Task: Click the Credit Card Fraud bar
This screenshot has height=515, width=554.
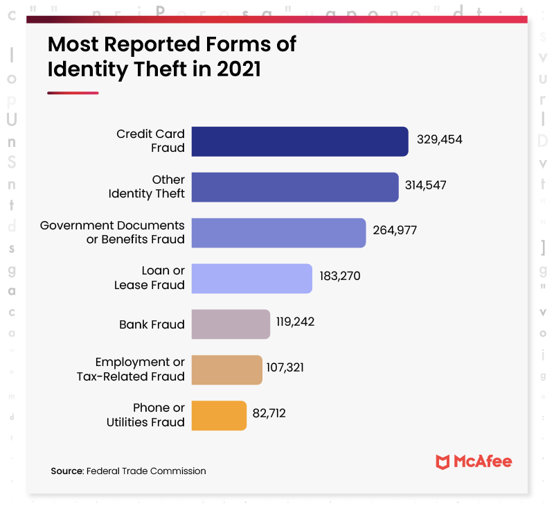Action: click(299, 141)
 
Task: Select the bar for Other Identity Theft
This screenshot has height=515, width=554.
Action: click(294, 187)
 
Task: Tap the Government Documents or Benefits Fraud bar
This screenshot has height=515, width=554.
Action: click(278, 233)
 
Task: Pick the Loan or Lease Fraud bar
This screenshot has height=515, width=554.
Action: click(251, 279)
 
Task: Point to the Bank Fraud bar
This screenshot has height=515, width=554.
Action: click(231, 324)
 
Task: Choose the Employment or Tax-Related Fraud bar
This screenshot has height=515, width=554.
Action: click(226, 370)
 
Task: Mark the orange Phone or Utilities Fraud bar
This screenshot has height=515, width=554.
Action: click(219, 416)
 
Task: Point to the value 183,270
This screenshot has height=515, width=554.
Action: click(340, 277)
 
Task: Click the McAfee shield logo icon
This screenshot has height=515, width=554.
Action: click(443, 462)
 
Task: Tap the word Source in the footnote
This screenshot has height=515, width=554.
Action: click(66, 471)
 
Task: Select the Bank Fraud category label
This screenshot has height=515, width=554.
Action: click(152, 324)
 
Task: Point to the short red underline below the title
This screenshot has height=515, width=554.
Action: click(73, 92)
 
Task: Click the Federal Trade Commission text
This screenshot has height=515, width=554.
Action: click(146, 471)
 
